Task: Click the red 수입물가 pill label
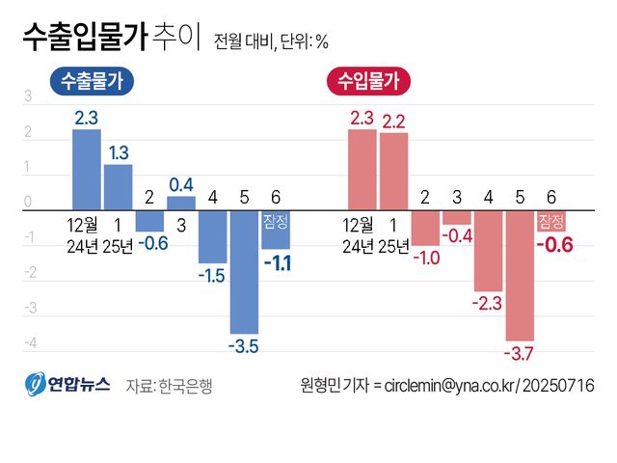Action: click(368, 82)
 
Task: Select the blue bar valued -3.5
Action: click(244, 272)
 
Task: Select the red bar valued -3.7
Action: click(520, 275)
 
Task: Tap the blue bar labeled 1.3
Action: click(118, 186)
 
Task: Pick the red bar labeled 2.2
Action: click(393, 171)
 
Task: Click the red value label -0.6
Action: click(553, 245)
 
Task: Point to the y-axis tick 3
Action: click(28, 96)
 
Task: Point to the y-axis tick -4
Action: click(28, 343)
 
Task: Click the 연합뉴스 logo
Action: click(67, 384)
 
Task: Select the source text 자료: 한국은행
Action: click(169, 385)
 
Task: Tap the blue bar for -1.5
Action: click(212, 236)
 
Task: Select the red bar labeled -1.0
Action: click(425, 227)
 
